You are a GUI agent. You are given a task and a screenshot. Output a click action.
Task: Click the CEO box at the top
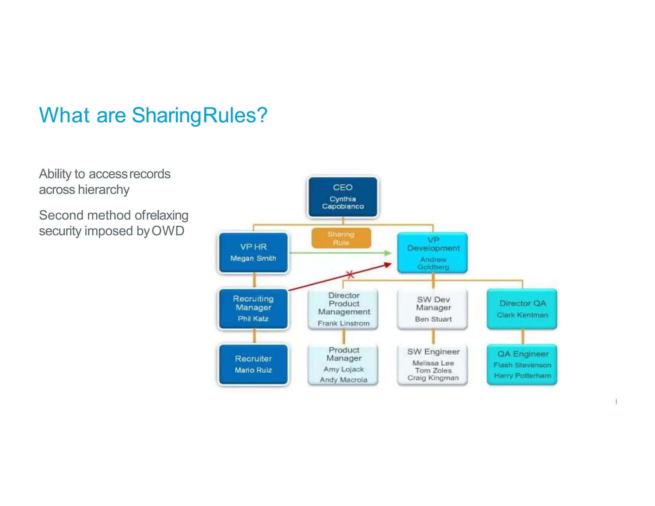[343, 197]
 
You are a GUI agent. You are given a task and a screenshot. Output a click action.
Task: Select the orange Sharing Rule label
[341, 238]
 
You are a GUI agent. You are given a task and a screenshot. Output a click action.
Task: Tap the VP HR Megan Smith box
[253, 252]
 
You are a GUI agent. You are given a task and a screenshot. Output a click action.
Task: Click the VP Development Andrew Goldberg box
[433, 253]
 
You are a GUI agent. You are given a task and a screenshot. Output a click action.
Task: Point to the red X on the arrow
[350, 274]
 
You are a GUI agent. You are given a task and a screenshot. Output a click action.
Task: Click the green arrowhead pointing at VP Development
[388, 253]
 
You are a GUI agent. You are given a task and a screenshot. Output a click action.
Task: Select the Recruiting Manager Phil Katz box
[253, 309]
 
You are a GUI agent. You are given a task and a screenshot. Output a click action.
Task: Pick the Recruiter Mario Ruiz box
[253, 364]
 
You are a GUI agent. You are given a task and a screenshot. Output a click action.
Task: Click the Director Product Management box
[343, 309]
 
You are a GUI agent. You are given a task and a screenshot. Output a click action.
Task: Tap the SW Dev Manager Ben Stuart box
[433, 309]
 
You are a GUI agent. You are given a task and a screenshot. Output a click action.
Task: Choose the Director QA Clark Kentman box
[522, 309]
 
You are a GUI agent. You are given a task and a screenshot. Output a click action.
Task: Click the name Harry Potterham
[522, 376]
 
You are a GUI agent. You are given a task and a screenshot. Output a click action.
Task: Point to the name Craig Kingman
[433, 378]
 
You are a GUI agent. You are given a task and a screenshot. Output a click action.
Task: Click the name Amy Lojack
[343, 369]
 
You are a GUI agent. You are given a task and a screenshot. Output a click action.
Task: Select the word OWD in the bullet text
[168, 231]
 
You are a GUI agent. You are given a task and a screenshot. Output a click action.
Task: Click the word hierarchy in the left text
[104, 190]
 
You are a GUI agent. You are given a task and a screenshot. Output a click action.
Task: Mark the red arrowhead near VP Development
[388, 265]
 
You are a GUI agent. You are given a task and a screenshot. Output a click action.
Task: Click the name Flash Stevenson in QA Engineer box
[522, 365]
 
